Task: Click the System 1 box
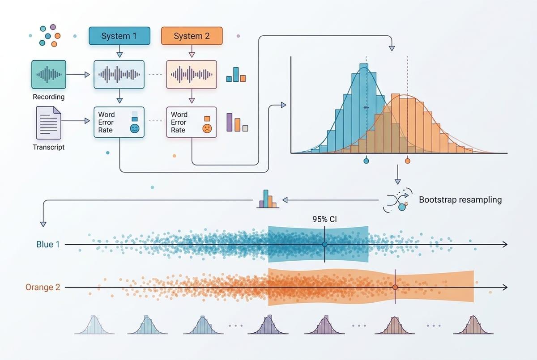pos(119,36)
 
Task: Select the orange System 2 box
pos(192,36)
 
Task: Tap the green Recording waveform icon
pos(49,75)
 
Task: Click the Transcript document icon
pos(49,123)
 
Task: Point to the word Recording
pos(49,97)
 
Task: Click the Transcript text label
pos(49,147)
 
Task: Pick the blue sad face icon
pos(135,129)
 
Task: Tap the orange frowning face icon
pos(207,129)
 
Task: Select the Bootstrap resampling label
pos(460,200)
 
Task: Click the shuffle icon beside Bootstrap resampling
pos(397,200)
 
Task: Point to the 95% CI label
pos(324,219)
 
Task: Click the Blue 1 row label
pos(48,244)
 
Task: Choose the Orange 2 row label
pos(43,287)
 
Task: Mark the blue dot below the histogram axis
pos(366,161)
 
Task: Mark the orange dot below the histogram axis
pos(408,161)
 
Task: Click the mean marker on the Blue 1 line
pos(325,244)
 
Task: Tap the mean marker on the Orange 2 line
pos(395,287)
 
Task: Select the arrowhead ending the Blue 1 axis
pos(505,244)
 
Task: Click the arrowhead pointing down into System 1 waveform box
pos(119,55)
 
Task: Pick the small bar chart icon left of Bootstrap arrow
pos(268,199)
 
